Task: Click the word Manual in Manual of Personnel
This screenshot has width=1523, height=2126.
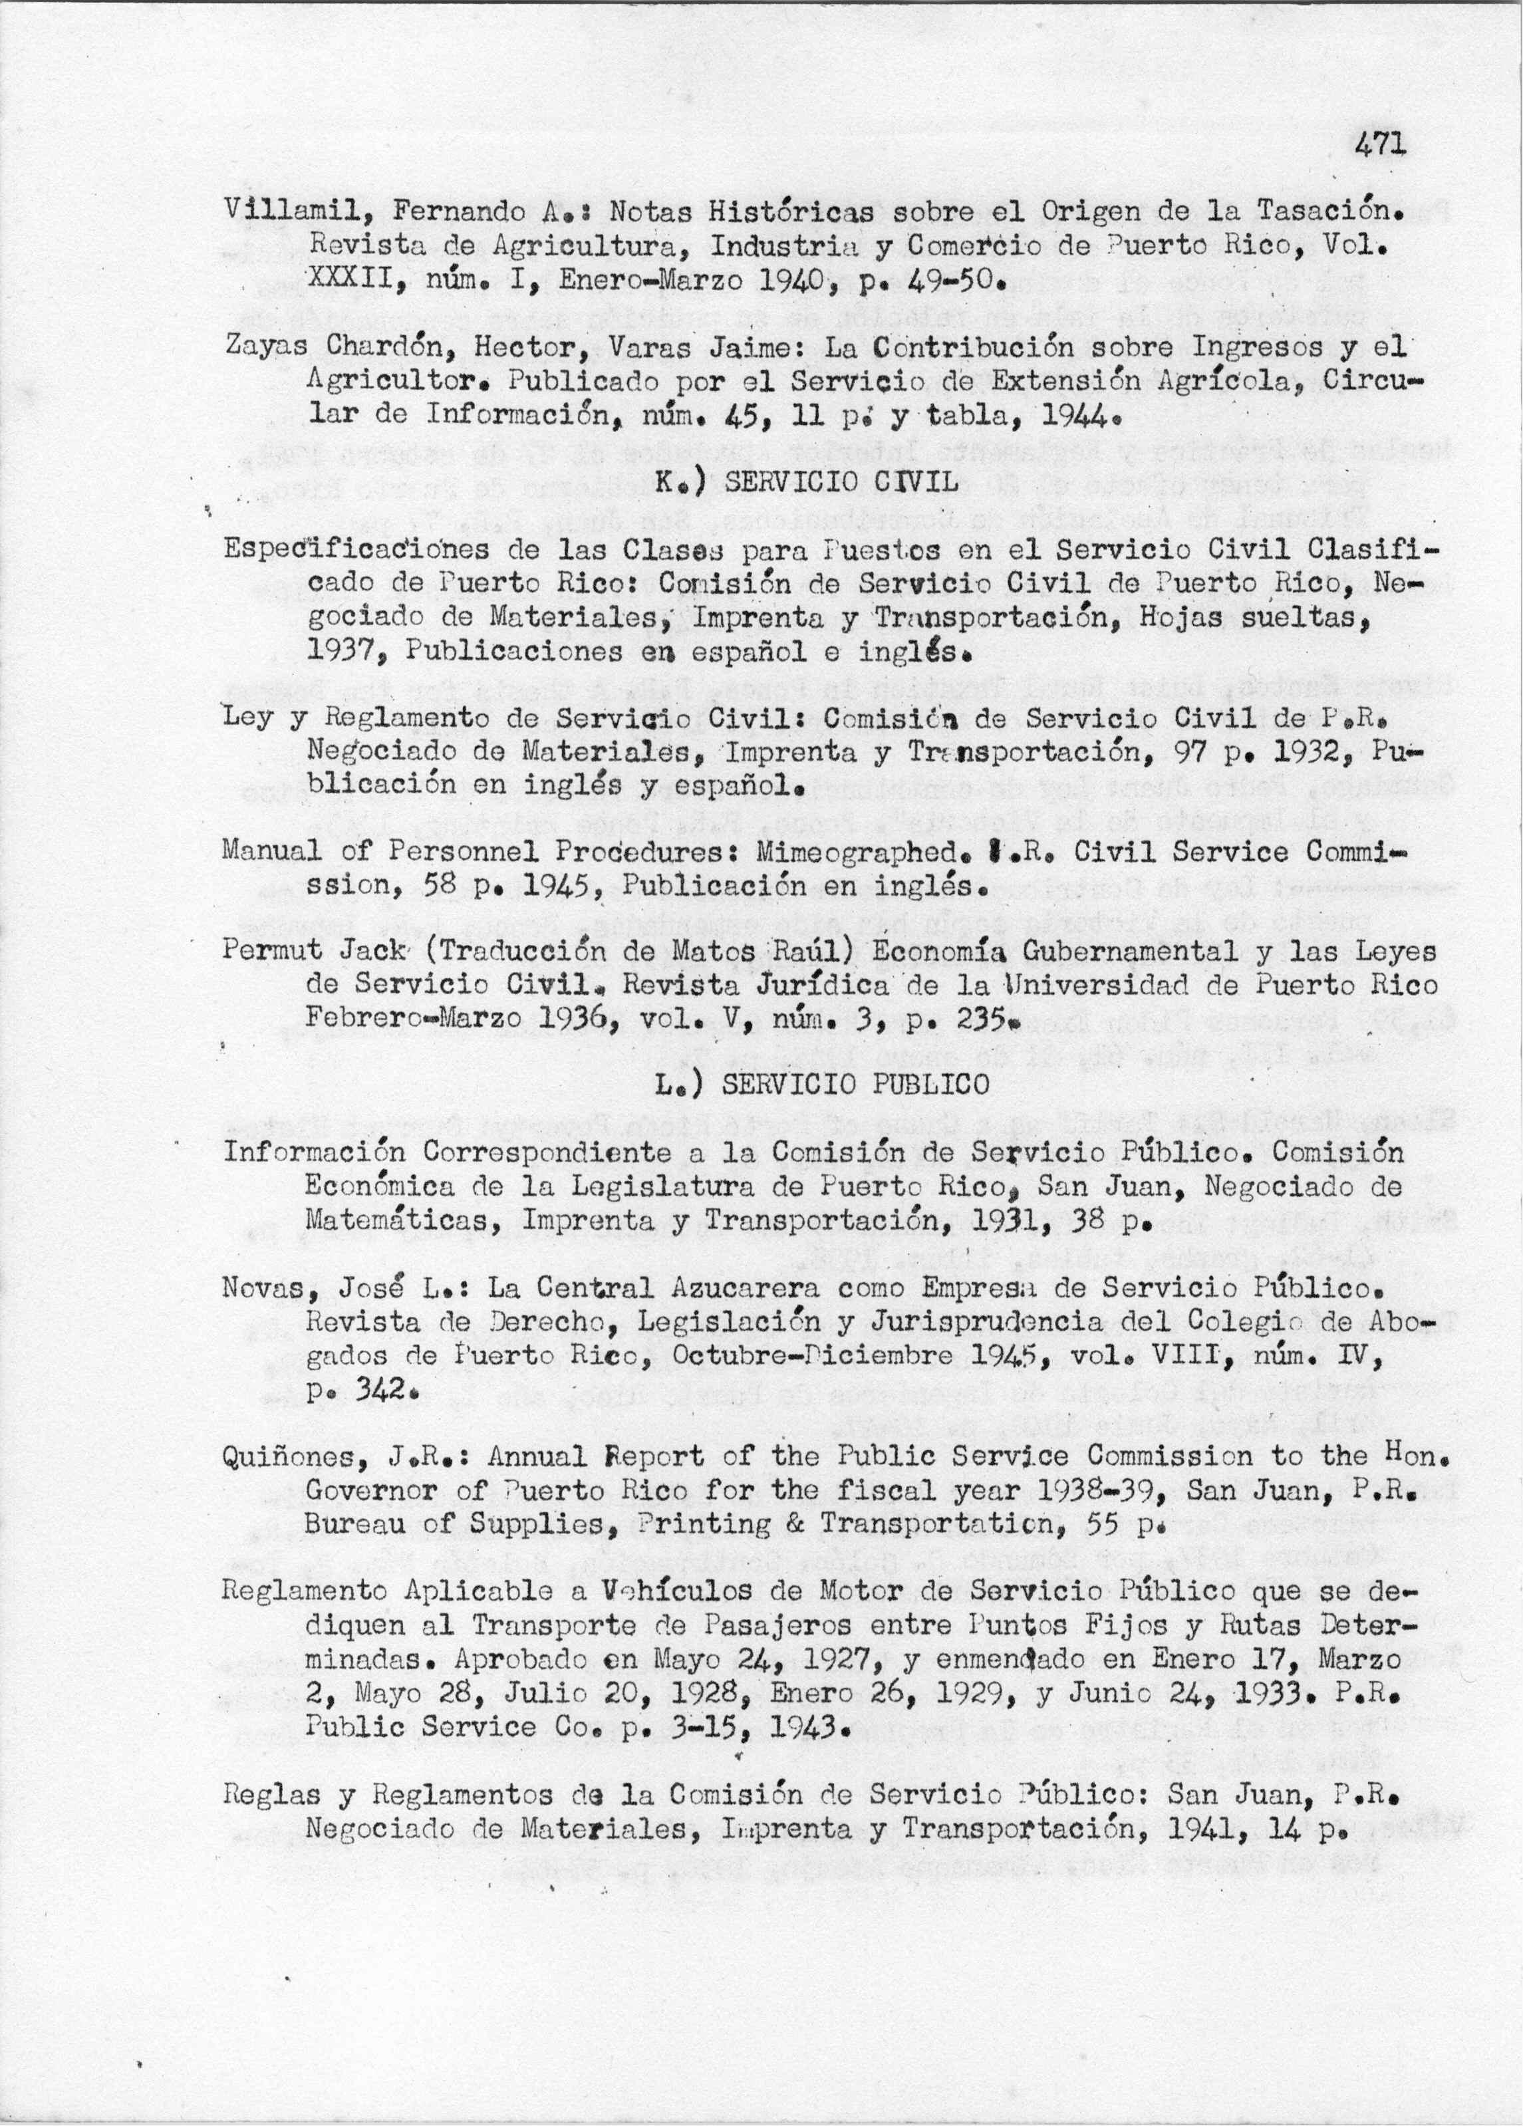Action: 267,851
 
